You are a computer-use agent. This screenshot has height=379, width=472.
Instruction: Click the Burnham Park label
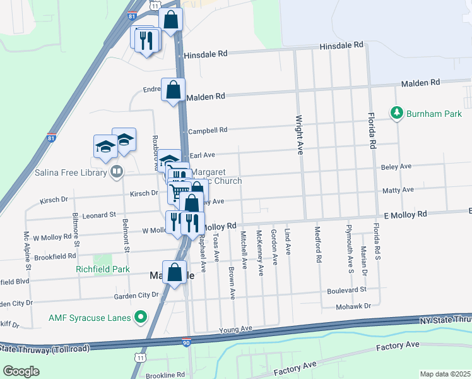(x=435, y=114)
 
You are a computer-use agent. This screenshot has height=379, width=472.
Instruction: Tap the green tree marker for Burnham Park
(x=397, y=113)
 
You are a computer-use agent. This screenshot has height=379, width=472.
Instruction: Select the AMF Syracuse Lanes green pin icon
(x=141, y=316)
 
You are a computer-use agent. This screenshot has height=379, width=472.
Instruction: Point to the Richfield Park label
(x=102, y=269)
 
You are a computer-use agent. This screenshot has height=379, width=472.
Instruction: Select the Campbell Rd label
(x=208, y=131)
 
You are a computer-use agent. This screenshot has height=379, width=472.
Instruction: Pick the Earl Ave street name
(x=203, y=155)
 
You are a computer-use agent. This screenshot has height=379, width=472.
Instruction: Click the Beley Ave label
(x=396, y=167)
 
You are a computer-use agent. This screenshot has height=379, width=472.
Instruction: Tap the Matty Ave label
(x=398, y=189)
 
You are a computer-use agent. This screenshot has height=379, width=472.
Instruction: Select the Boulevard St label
(x=346, y=290)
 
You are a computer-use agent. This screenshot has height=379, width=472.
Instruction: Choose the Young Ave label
(x=235, y=330)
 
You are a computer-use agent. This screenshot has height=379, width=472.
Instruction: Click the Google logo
(x=21, y=371)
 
